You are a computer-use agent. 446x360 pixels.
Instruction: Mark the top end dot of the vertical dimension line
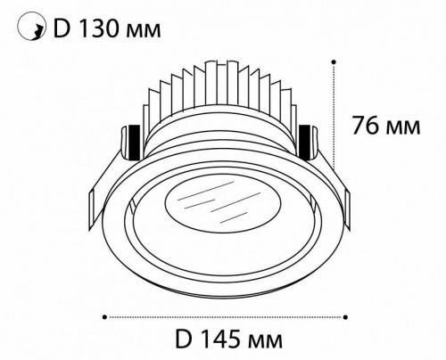click(x=334, y=61)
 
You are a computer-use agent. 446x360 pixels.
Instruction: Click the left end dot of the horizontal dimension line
click(x=105, y=315)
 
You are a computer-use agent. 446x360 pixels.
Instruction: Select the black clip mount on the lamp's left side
click(x=131, y=139)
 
